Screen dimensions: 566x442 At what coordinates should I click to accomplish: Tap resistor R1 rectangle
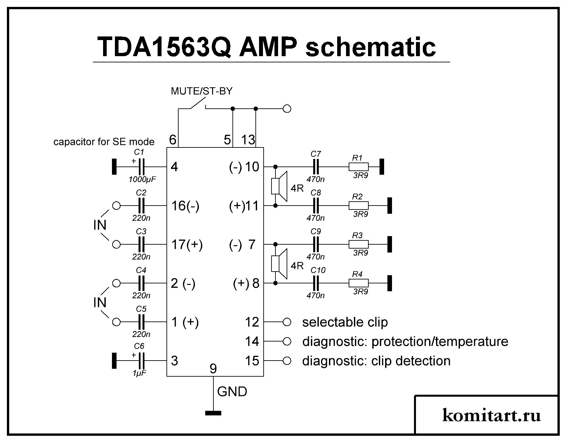[359, 167]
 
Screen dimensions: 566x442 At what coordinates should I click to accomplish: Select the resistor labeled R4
[359, 283]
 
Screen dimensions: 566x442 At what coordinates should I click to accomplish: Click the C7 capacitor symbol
[316, 167]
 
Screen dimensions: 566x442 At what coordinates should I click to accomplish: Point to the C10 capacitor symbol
[316, 283]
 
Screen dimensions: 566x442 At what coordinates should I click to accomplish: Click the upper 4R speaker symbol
[279, 186]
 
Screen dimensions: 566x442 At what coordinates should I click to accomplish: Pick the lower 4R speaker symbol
[279, 264]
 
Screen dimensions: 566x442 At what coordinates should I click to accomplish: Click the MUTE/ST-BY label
[202, 91]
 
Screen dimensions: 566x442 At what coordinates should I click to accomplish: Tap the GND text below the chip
[232, 392]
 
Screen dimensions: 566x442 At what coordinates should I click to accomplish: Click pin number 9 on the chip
[213, 369]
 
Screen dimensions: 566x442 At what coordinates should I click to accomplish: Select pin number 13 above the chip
[248, 140]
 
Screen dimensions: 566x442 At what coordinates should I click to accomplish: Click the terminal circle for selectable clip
[287, 322]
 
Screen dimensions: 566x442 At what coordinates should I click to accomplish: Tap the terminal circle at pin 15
[287, 361]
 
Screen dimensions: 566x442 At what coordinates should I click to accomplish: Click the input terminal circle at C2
[116, 206]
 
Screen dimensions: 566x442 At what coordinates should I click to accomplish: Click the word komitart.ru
[491, 415]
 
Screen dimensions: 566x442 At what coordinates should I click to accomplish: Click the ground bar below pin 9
[213, 413]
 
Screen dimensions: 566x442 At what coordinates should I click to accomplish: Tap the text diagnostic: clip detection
[376, 361]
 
